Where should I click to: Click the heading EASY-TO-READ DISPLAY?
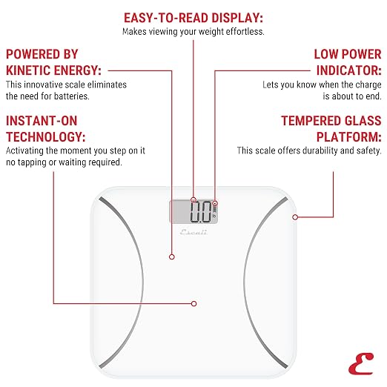point(193,18)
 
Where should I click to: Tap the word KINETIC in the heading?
point(28,70)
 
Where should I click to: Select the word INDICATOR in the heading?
point(349,70)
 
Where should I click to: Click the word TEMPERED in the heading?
point(311,121)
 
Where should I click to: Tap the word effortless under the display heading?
point(245,32)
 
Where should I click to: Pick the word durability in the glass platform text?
point(320,150)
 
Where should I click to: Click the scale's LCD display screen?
point(193,212)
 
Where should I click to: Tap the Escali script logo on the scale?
point(193,232)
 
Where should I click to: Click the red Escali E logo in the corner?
point(361,363)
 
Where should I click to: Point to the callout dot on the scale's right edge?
point(295,217)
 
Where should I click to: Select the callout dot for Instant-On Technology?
point(193,303)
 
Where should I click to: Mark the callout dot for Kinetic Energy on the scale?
point(172,257)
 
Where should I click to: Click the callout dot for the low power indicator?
point(215,204)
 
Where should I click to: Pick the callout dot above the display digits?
point(193,199)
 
